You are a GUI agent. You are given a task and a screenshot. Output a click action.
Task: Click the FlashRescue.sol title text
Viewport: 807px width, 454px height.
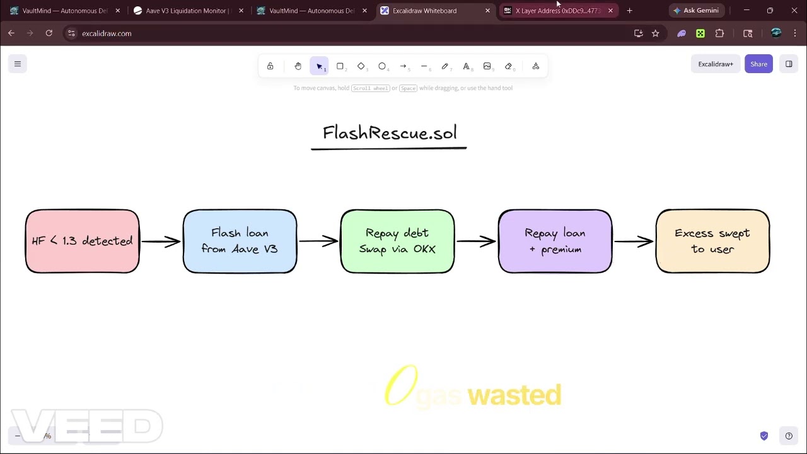pos(389,133)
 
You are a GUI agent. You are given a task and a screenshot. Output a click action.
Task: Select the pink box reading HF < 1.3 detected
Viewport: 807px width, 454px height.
pos(82,242)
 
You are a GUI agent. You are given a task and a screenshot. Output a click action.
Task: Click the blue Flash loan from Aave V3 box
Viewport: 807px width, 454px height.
pos(240,242)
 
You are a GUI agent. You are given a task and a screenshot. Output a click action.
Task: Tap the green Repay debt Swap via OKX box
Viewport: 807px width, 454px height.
pos(397,242)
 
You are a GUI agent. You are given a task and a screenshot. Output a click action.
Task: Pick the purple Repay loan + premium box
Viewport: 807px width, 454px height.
pos(555,242)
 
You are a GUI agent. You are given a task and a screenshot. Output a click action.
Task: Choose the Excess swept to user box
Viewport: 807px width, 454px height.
pos(712,242)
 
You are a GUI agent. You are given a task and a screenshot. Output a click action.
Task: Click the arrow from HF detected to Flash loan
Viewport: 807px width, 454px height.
pos(161,242)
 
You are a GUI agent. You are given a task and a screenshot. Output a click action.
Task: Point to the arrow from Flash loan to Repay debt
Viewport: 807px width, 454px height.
pos(318,242)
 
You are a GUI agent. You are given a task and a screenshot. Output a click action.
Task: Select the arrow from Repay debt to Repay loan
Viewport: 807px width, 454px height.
pos(476,242)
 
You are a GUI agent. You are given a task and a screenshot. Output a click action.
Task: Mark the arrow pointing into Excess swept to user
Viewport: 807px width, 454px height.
pos(634,242)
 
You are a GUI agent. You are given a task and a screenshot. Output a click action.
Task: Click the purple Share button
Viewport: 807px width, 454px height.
pos(758,64)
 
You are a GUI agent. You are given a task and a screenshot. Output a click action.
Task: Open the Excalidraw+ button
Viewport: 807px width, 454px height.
pos(715,64)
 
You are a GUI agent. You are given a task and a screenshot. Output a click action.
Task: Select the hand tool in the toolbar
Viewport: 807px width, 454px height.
pos(298,66)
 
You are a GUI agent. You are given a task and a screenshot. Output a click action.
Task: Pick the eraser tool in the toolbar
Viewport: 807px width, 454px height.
pos(508,66)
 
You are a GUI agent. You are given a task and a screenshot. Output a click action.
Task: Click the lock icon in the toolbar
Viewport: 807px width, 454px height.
pos(270,66)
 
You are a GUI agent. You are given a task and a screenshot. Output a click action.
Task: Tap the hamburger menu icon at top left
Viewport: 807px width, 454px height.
pos(18,64)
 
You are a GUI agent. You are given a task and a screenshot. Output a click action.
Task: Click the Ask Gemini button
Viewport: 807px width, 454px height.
pos(696,11)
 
